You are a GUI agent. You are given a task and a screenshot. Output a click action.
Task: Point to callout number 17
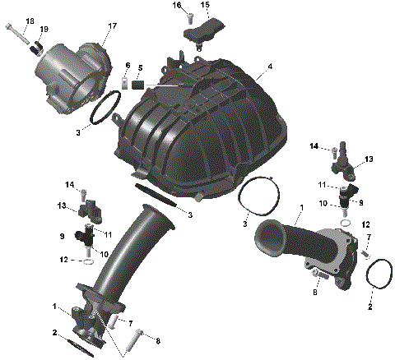coord(112,26)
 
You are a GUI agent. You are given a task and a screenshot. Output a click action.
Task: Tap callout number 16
coord(176,7)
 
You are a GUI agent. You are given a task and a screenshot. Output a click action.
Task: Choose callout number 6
coord(128,65)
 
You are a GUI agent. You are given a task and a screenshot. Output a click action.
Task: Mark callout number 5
coord(140,67)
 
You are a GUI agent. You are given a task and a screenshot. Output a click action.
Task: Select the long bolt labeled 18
coord(18,35)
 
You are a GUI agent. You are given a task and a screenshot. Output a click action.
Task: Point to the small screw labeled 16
coord(188,16)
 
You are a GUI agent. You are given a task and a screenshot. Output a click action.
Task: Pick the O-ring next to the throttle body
coord(104,110)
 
